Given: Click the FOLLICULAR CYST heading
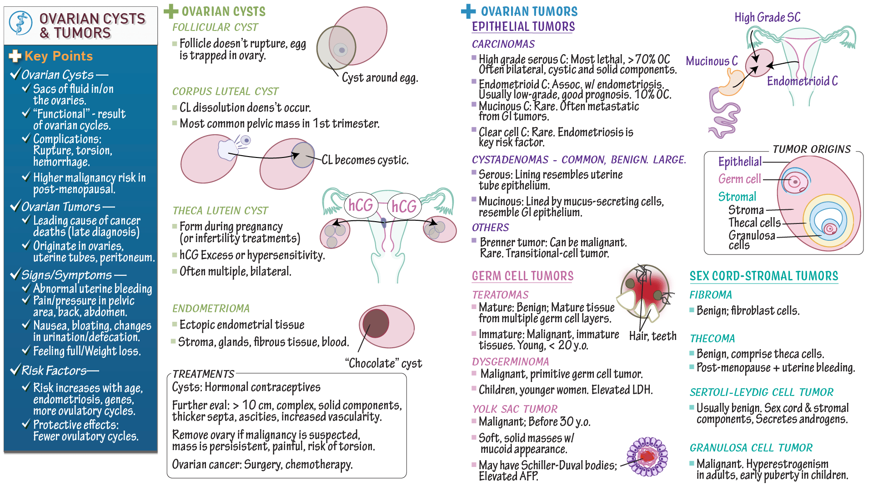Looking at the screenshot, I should (x=215, y=27).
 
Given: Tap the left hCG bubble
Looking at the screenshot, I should (x=361, y=205).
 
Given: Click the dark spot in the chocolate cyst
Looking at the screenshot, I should (x=376, y=323).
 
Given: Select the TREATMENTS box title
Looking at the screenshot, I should (x=203, y=374).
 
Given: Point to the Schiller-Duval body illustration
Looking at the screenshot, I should (x=647, y=456).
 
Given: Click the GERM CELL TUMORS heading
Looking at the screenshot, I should (x=522, y=276).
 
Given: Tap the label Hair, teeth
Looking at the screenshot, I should (x=652, y=336).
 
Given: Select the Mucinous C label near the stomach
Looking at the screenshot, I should (x=712, y=61).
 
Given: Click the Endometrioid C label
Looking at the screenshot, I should (x=802, y=81).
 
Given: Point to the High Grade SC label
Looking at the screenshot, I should (x=767, y=17).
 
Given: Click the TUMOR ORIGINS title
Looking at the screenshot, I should (x=811, y=149).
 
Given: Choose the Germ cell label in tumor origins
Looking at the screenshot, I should (x=739, y=179).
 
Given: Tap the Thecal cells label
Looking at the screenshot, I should (x=754, y=223).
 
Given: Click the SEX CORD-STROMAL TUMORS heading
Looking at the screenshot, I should (x=763, y=276).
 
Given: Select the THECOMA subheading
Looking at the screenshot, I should (x=712, y=339).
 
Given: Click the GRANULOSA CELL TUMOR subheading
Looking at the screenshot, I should (x=751, y=448).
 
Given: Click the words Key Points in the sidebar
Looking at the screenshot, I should (x=59, y=56).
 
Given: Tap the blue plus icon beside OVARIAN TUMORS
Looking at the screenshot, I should (x=468, y=11).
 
